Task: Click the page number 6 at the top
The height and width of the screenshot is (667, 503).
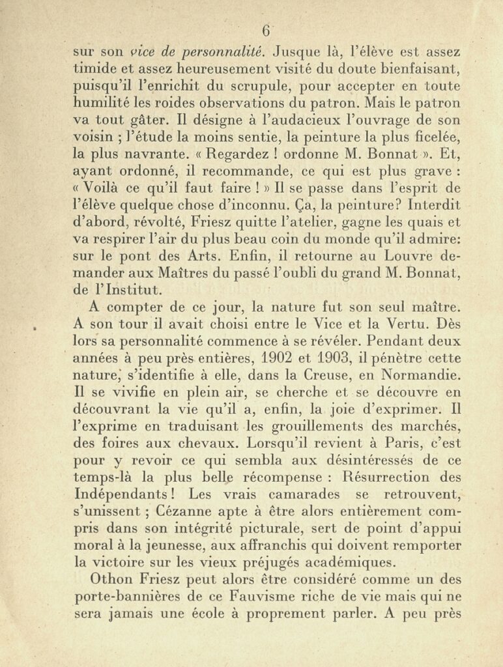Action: coord(266,31)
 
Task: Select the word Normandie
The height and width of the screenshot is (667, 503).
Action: coord(414,375)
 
